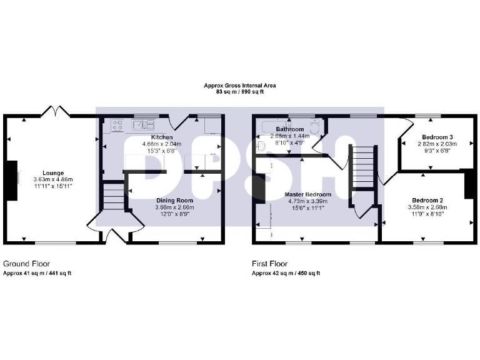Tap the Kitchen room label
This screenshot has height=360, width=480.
click(x=162, y=137)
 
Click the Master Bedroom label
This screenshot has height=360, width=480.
click(x=309, y=195)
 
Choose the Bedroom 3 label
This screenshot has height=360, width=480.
click(x=437, y=137)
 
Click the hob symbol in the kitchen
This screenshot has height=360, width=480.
click(x=117, y=125)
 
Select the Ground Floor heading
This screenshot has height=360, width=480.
click(x=26, y=264)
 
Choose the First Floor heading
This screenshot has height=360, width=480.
click(x=270, y=264)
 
